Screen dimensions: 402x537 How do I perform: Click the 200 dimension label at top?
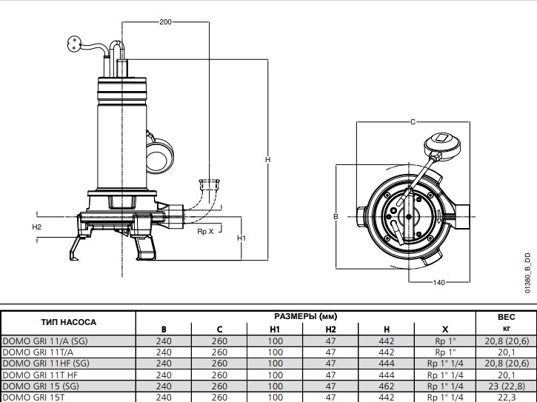(x=165, y=22)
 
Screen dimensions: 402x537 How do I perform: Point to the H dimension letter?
(x=267, y=159)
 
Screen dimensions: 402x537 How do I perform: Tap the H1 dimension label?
(x=241, y=238)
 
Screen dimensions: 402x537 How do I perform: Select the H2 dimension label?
(x=37, y=227)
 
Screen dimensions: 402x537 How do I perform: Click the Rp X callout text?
(x=205, y=232)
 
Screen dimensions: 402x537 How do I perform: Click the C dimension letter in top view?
(x=412, y=121)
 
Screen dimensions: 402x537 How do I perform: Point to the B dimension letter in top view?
(x=336, y=217)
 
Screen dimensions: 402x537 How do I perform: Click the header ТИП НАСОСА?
(x=68, y=322)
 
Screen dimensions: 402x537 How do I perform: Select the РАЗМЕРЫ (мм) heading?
(x=304, y=316)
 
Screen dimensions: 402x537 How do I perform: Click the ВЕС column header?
(x=506, y=316)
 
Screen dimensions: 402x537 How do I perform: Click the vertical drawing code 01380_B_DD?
(x=528, y=270)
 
